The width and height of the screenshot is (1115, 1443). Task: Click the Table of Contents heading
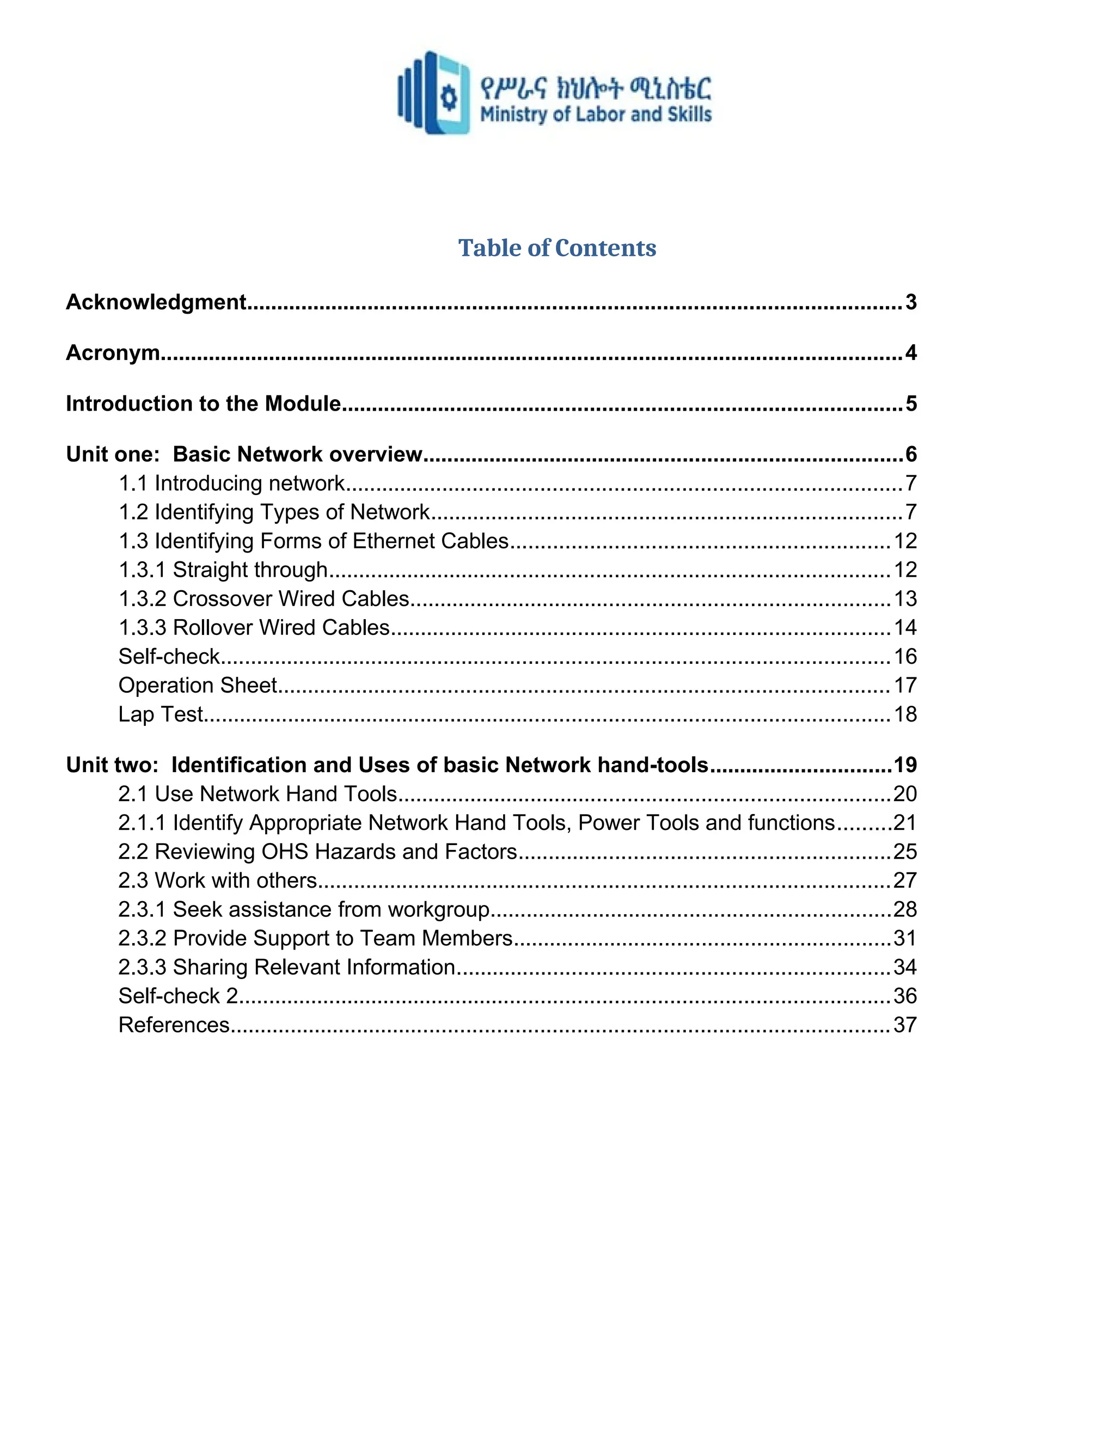[x=557, y=248]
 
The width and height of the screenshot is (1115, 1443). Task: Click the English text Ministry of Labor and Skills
[x=595, y=114]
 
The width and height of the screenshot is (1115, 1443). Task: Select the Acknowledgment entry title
[x=156, y=302]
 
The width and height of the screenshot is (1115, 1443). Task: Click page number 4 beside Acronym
[x=910, y=353]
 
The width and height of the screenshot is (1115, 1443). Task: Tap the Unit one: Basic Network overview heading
[x=244, y=455]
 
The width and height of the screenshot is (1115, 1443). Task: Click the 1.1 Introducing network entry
[x=231, y=484]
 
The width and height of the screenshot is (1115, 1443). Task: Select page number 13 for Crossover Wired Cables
[x=905, y=598]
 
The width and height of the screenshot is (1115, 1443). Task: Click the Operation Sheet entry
[x=198, y=685]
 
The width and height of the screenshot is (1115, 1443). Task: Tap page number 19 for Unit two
[x=905, y=765]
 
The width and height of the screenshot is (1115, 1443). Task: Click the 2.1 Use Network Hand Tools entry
[x=258, y=793]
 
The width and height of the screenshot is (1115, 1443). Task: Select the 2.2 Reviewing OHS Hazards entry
[x=317, y=852]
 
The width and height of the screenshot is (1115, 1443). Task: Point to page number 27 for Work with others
[x=905, y=881]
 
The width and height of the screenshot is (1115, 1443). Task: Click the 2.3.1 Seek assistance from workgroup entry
[x=304, y=910]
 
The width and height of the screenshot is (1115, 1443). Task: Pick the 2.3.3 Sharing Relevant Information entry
[x=287, y=967]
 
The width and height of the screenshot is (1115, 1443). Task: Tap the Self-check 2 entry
[x=177, y=996]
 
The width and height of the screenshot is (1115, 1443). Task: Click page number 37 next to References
[x=905, y=1025]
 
